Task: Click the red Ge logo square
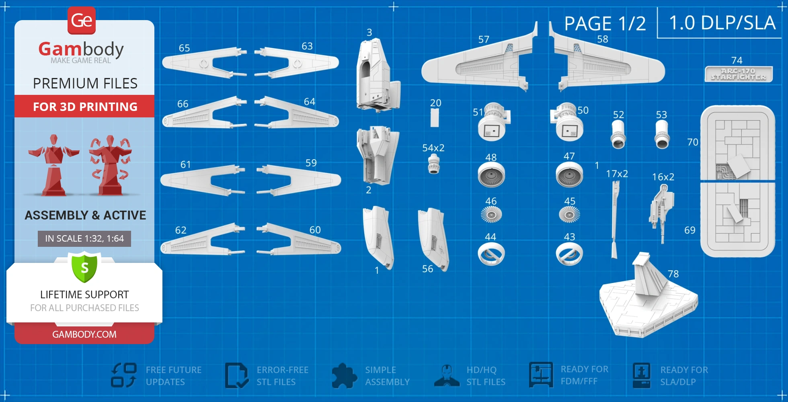[x=82, y=21]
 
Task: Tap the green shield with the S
[x=84, y=267]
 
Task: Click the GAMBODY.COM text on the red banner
[x=84, y=334]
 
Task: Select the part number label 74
[x=737, y=60]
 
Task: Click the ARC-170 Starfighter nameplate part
[x=739, y=74]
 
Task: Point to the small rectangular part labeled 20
[x=434, y=118]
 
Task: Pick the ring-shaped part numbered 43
[x=569, y=254]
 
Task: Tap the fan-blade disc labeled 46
[x=491, y=215]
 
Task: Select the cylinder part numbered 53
[x=662, y=134]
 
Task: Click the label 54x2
[x=433, y=148]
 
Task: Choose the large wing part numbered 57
[x=480, y=60]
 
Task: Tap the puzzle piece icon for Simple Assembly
[x=344, y=375]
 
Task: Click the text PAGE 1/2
[x=605, y=24]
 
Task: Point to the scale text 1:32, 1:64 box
[x=84, y=238]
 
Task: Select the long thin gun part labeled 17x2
[x=615, y=219]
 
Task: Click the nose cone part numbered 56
[x=433, y=240]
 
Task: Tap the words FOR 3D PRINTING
[x=85, y=107]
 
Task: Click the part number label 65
[x=184, y=48]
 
